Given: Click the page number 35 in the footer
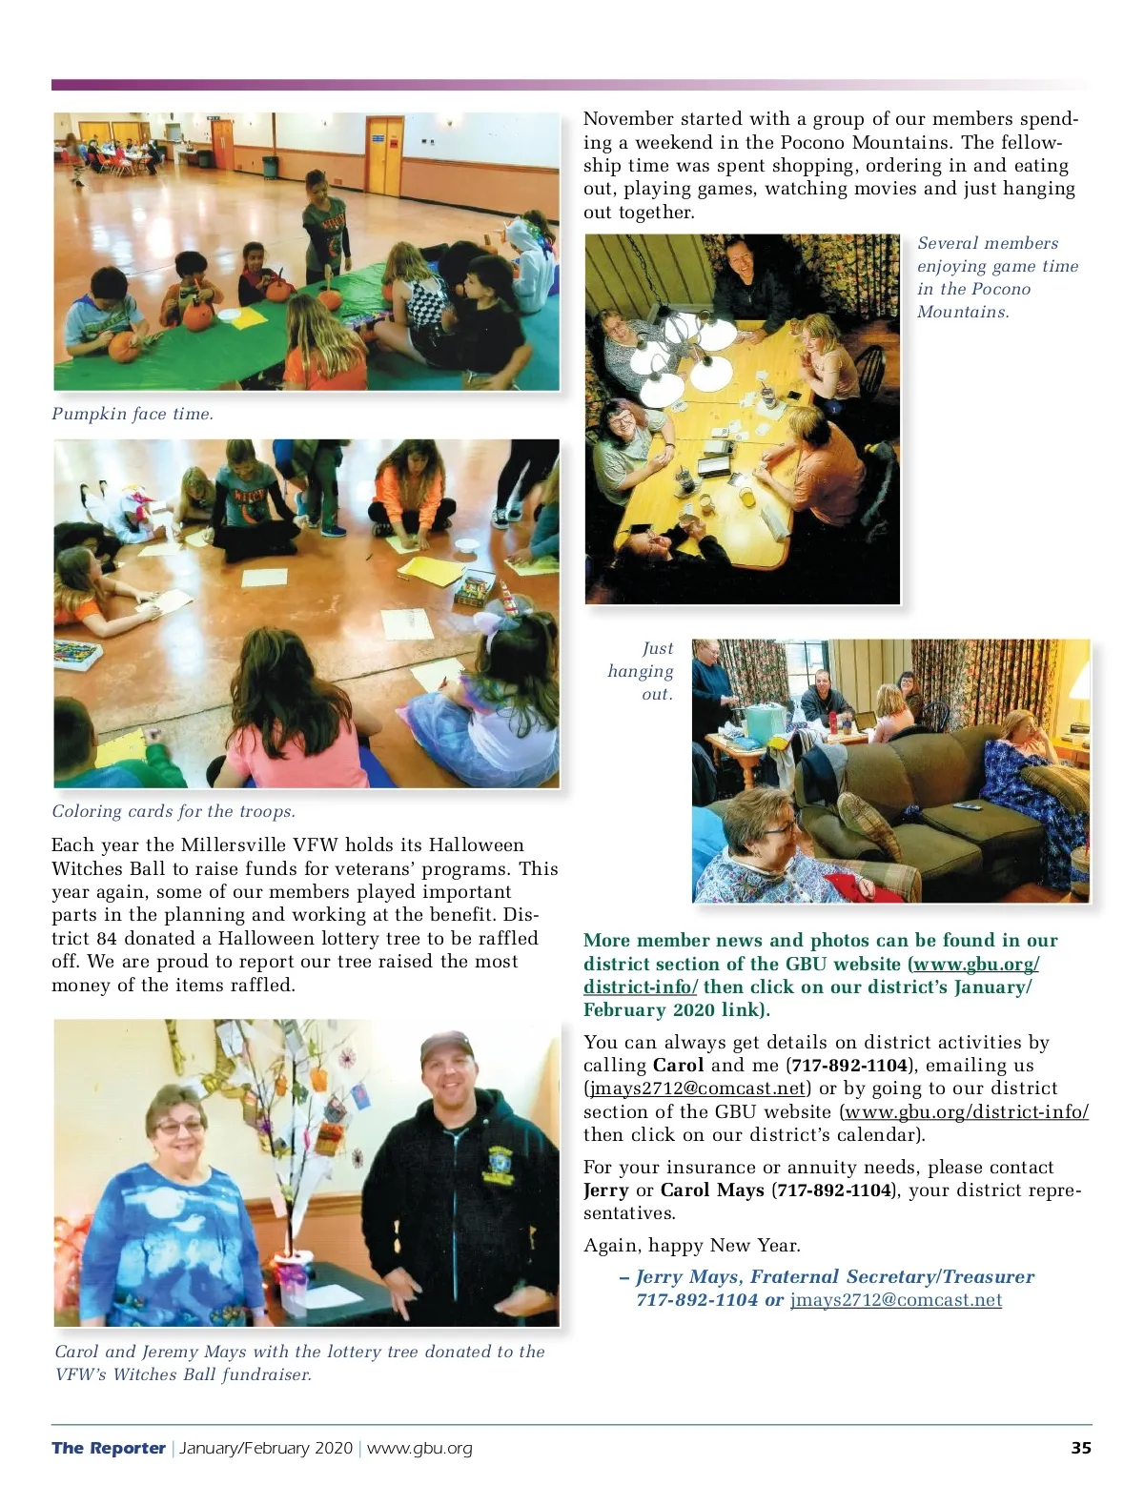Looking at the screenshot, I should pos(1080,1448).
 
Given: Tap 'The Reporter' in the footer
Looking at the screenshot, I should pos(109,1448).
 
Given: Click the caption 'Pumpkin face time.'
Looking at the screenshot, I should pos(133,414).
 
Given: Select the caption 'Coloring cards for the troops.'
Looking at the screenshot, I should pos(174,811).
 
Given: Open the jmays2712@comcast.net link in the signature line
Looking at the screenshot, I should pos(895,1300).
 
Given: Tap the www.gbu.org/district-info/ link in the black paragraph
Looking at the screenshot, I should pos(966,1112).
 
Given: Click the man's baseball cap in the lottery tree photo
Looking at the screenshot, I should pos(446,1047).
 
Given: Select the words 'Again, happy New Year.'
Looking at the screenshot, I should pos(692,1246).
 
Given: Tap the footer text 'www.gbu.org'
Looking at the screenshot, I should pos(419,1448).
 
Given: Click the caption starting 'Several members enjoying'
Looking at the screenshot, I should pos(996,277).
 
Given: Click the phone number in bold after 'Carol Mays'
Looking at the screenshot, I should pos(834,1190).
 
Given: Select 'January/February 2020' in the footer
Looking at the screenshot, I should pos(266,1448).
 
